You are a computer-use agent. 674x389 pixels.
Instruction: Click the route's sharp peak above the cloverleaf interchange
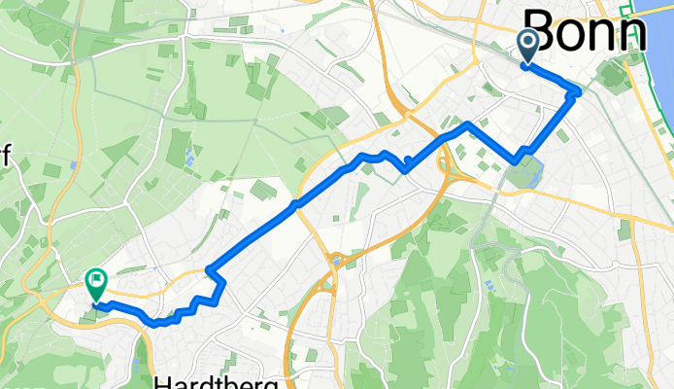click(468, 124)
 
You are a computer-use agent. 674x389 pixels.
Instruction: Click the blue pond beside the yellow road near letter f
click(74, 166)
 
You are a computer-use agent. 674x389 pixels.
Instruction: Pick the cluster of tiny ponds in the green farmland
click(188, 156)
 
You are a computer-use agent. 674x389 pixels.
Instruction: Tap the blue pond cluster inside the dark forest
click(489, 285)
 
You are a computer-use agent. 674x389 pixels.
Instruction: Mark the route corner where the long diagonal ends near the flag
click(210, 267)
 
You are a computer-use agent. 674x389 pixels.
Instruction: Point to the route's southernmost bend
click(155, 325)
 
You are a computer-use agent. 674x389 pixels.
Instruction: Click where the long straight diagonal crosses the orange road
click(295, 204)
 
